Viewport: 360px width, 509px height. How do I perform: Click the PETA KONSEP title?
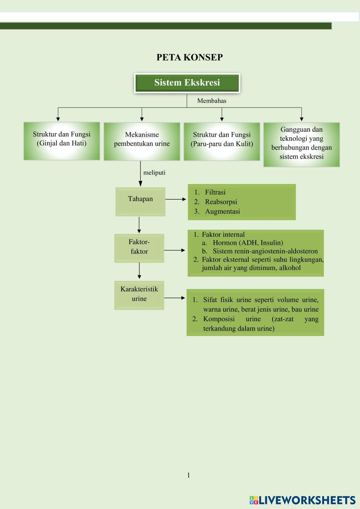point(189,57)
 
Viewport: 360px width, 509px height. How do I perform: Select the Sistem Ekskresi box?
point(187,83)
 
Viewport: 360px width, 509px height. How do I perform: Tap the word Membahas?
point(212,101)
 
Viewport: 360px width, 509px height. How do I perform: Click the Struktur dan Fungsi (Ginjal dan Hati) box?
point(62,141)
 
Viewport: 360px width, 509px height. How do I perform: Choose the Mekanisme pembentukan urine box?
point(142,141)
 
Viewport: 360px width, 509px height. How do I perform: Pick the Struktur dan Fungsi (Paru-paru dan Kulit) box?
point(222,141)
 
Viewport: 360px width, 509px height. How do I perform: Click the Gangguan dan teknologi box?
point(302,144)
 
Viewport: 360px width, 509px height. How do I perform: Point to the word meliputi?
point(154,173)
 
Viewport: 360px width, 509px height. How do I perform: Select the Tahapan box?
point(140,201)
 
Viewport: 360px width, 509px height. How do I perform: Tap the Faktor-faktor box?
point(139,248)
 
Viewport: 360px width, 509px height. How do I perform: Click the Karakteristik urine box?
point(139,295)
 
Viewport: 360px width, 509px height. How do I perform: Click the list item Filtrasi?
point(215,192)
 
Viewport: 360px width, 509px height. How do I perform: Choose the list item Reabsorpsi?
point(221,202)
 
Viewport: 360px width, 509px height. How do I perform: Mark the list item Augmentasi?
point(222,212)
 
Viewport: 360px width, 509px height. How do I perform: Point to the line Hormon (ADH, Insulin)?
point(248,243)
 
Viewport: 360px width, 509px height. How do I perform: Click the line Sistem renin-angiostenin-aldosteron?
point(265,251)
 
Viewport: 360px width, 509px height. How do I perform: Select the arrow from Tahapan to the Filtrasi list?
point(176,199)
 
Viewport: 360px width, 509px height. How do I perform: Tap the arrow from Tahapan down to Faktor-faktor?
point(139,225)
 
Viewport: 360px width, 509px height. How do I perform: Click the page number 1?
point(188,476)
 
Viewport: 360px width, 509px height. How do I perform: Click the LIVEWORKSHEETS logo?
point(302,500)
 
